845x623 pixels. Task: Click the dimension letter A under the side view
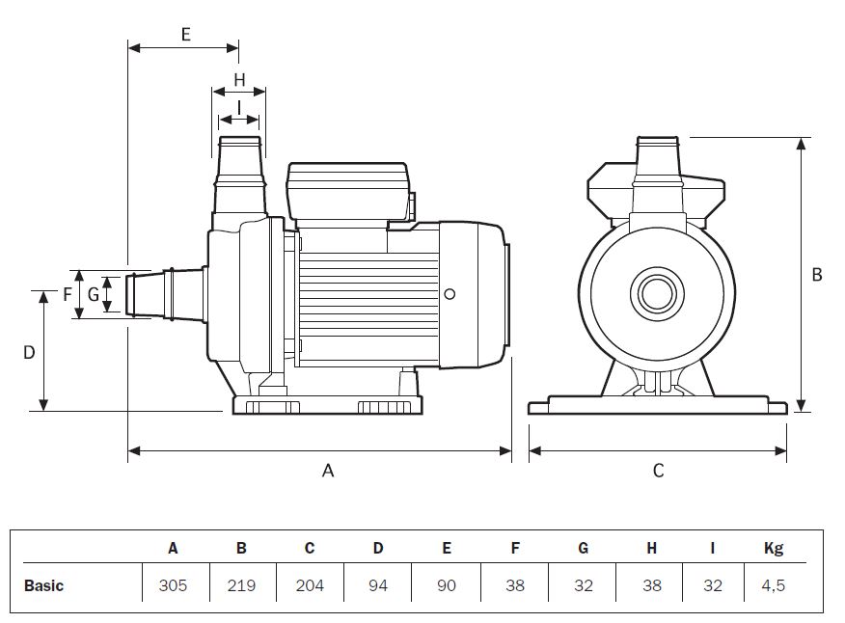[328, 471]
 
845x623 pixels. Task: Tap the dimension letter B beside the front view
[817, 275]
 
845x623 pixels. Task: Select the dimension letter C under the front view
[659, 471]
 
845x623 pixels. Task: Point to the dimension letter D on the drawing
[29, 352]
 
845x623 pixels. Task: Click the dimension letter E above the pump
[185, 34]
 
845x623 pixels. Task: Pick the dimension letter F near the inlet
[68, 294]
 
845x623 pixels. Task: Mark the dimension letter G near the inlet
[94, 294]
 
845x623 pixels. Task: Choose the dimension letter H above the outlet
[239, 79]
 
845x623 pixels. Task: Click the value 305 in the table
[174, 585]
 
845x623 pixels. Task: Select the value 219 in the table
[241, 585]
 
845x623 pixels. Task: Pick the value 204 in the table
[310, 585]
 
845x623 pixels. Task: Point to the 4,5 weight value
[774, 585]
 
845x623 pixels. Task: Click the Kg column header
[774, 549]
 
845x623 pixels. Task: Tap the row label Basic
[43, 585]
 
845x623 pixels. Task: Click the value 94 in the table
[378, 585]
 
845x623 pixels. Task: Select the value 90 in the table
[447, 585]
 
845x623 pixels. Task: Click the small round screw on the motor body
[450, 294]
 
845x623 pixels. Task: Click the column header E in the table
[447, 549]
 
